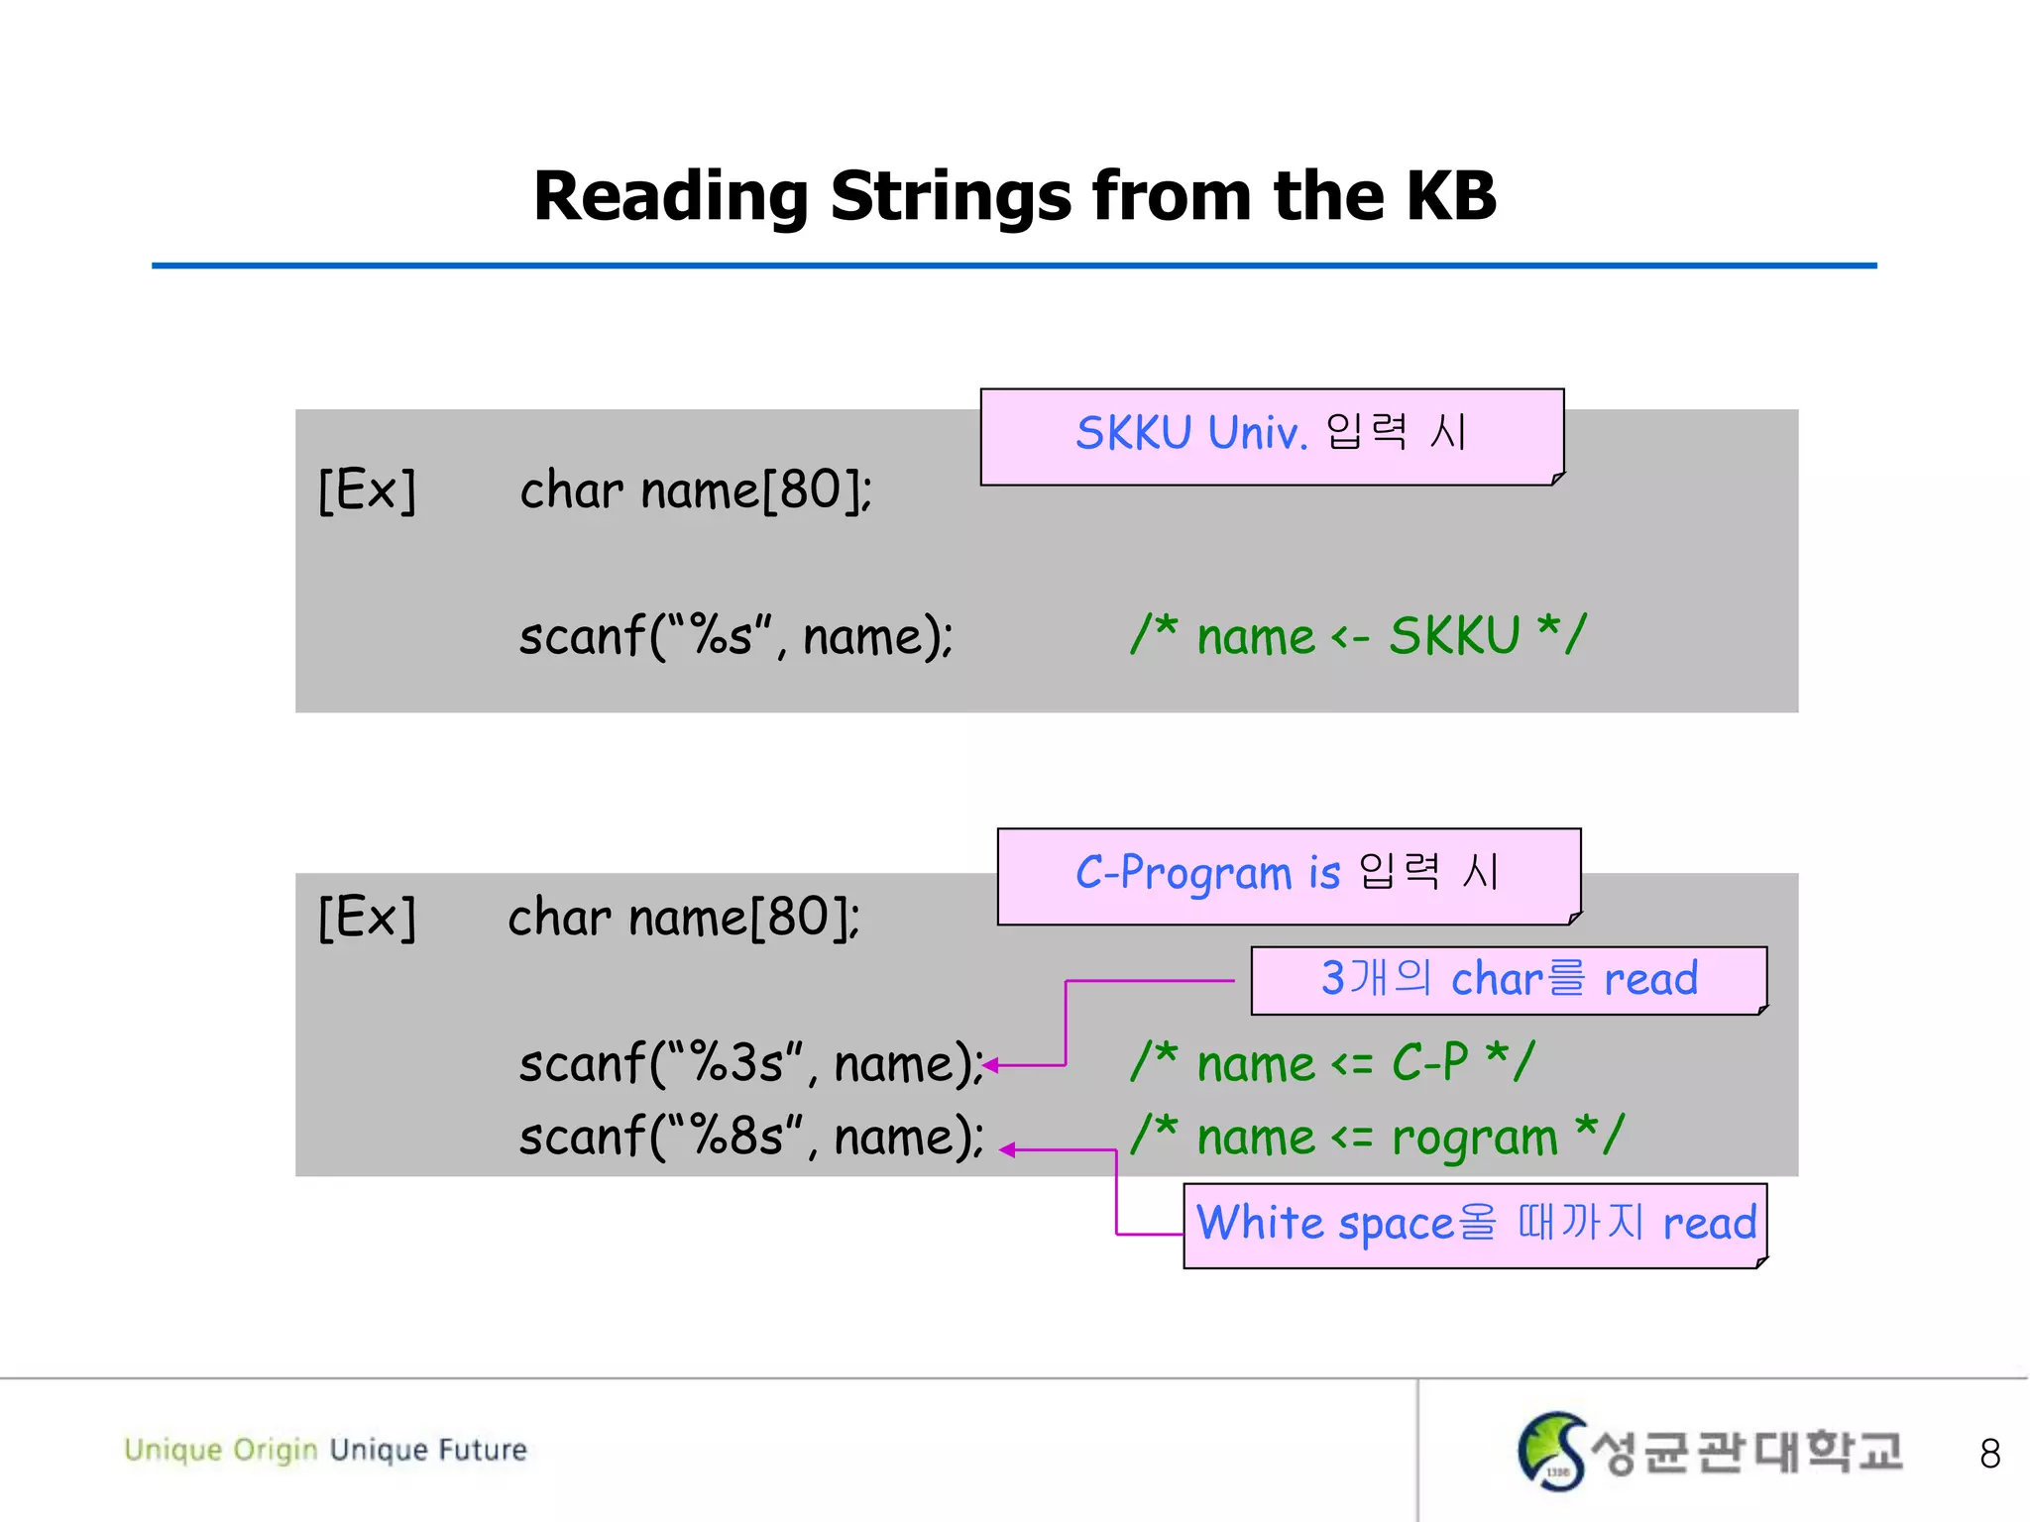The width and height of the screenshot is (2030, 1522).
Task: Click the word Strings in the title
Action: pos(950,195)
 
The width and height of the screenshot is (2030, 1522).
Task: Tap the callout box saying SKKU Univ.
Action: pos(1272,436)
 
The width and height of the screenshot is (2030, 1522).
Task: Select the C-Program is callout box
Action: pos(1289,875)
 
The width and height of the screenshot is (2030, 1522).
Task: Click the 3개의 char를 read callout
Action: pos(1508,980)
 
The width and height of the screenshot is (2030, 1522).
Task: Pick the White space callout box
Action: pos(1475,1225)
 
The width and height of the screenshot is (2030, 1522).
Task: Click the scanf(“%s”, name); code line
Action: pos(735,636)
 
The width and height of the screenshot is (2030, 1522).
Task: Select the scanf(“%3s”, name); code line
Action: pos(750,1064)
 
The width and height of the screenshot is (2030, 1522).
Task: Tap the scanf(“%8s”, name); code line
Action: pos(750,1137)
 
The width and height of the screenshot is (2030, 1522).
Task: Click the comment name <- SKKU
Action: pos(1358,636)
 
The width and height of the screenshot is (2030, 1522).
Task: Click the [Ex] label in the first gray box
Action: pos(367,489)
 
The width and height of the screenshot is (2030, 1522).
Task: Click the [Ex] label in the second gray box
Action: pos(367,918)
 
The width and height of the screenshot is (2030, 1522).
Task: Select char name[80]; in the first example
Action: pos(696,489)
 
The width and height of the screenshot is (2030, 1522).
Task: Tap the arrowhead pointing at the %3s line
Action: pos(990,1066)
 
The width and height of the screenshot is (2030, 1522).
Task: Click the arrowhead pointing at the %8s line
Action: pos(1007,1150)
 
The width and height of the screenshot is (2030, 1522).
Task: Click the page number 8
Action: pos(1989,1454)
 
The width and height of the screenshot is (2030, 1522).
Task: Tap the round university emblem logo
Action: pos(1551,1451)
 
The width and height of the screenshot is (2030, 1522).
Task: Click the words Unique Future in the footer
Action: pos(428,1450)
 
